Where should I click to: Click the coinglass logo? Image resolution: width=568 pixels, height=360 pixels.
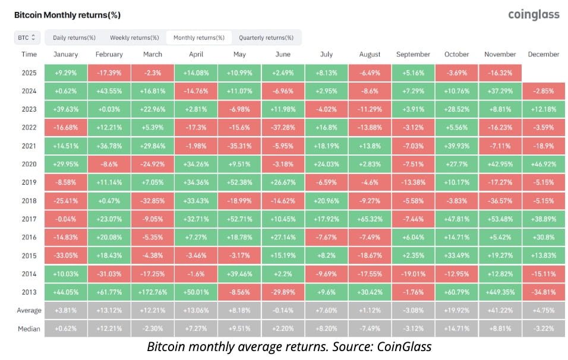point(534,14)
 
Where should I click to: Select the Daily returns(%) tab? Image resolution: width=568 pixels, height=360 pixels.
point(74,37)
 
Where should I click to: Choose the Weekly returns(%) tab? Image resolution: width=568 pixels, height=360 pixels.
point(134,37)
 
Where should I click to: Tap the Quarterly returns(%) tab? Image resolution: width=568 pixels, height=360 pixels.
point(266,37)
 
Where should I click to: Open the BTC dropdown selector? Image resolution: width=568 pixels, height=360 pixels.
point(27,37)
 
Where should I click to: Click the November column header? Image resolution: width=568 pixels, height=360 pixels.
point(500,55)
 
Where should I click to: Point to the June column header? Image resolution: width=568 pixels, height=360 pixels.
point(283,55)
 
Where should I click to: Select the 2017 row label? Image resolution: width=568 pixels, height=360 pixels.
point(29,219)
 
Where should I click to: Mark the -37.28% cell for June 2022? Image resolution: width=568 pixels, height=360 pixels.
point(283,127)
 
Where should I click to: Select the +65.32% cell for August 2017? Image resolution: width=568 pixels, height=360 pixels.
point(370,219)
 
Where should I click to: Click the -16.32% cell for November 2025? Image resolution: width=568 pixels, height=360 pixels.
point(500,72)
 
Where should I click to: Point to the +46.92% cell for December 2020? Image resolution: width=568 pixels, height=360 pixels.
point(543,164)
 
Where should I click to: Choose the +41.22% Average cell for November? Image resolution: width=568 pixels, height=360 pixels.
point(500,310)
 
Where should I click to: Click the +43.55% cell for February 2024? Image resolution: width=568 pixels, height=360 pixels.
point(109,91)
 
